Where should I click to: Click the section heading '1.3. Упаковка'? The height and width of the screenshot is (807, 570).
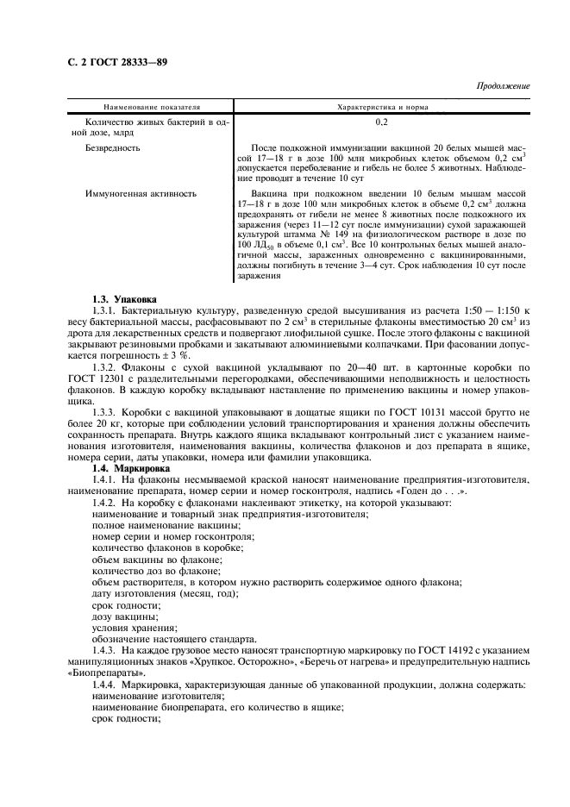click(x=126, y=298)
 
